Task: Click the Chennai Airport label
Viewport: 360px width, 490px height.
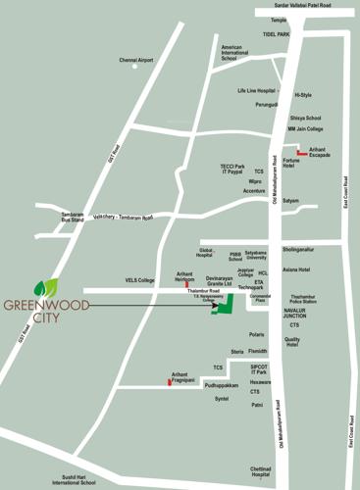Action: pos(137,61)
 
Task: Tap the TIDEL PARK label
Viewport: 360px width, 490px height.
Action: pos(277,34)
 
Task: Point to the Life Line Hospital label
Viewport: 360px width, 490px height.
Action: pos(259,91)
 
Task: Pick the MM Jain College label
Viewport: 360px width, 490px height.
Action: pos(305,128)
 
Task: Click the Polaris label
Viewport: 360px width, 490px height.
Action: pos(256,334)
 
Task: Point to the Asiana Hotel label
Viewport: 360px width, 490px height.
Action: pos(296,269)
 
